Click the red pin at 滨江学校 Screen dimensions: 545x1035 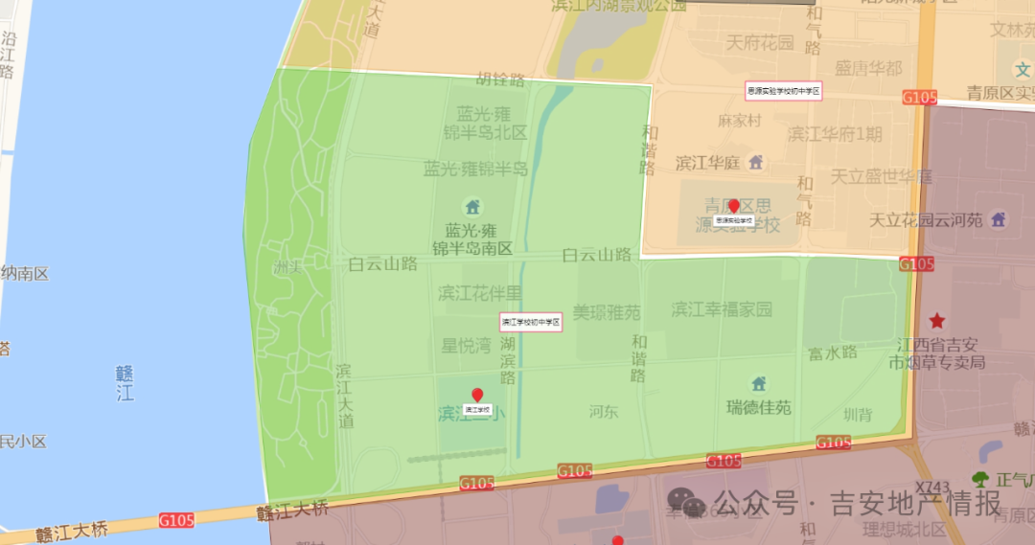(x=477, y=395)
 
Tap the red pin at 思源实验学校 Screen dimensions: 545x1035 (x=734, y=206)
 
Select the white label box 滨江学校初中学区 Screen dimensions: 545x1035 (x=530, y=322)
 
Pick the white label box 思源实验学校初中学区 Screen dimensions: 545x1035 (x=784, y=91)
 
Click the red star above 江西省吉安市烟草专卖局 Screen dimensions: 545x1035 (x=936, y=321)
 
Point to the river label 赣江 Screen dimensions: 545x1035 (x=125, y=382)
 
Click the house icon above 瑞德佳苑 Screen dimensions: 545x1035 (x=759, y=384)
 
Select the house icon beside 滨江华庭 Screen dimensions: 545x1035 (x=756, y=162)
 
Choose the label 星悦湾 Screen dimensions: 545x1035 (x=466, y=346)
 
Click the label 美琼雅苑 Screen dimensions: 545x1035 (x=607, y=312)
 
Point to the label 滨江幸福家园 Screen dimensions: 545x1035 (x=722, y=309)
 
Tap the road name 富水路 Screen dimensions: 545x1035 (x=832, y=352)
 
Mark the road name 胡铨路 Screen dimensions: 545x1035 (x=503, y=80)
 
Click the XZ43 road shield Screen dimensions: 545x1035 (x=931, y=488)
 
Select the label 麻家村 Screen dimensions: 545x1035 (x=739, y=122)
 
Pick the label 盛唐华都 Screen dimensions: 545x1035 (x=868, y=68)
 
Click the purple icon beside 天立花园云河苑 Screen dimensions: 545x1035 (x=999, y=219)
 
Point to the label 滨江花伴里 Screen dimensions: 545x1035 (x=479, y=292)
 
